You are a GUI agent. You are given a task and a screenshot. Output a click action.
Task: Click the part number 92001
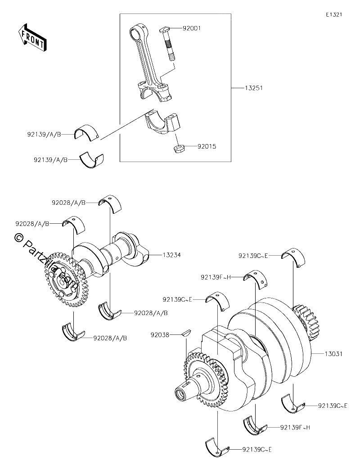[192, 28]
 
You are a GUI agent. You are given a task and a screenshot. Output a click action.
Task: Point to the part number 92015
[207, 146]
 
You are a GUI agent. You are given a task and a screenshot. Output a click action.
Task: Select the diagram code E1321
[334, 14]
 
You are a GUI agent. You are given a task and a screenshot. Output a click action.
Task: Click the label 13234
[171, 255]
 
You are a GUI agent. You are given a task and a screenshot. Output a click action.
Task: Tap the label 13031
[333, 353]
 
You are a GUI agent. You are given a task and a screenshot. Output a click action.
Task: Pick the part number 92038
[160, 335]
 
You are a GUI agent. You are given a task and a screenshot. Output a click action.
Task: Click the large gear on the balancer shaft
[66, 280]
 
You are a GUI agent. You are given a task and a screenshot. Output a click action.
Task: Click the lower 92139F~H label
[295, 427]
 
